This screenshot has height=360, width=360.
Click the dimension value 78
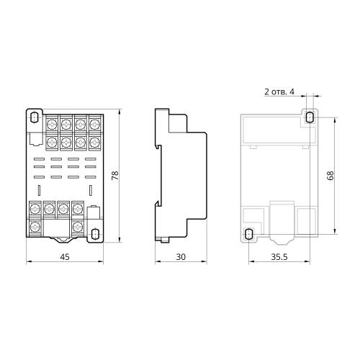tap(115, 176)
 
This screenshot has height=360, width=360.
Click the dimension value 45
tap(65, 257)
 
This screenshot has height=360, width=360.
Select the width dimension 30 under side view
tap(181, 257)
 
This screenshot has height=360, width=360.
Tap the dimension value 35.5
tap(279, 257)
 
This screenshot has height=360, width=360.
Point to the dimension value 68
tap(330, 176)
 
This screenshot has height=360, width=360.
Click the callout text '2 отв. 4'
tap(279, 91)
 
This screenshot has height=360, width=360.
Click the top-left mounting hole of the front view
tap(35, 117)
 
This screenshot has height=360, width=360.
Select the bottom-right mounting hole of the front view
tap(95, 233)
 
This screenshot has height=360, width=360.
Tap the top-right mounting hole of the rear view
tap(310, 117)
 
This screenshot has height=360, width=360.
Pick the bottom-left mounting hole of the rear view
tap(249, 233)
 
